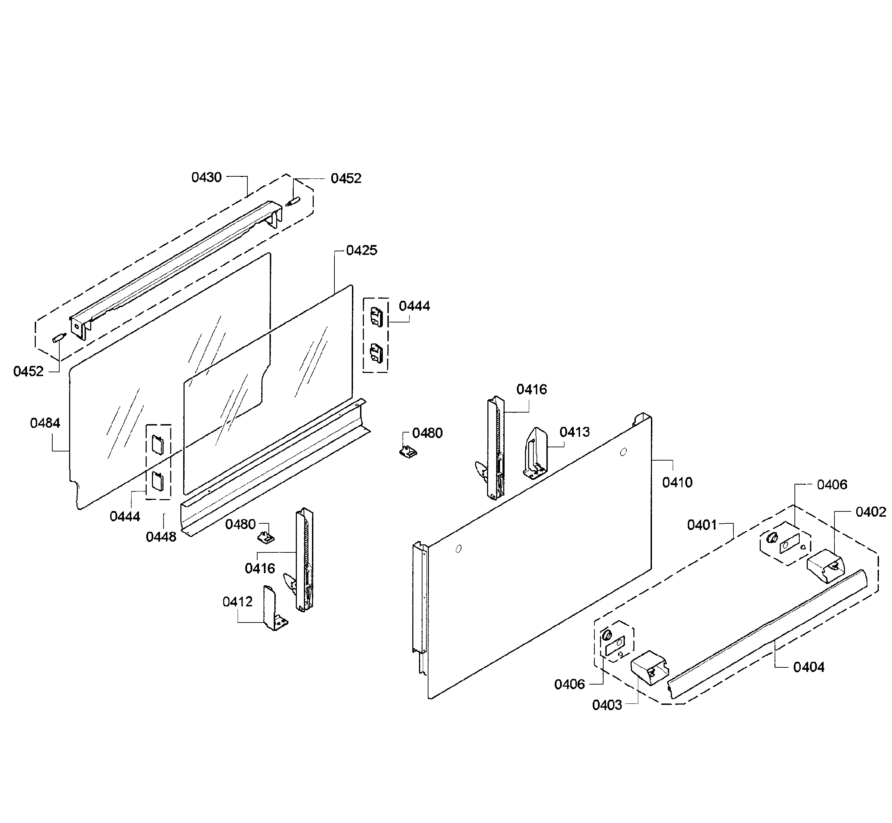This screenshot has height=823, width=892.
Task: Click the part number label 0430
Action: click(x=206, y=178)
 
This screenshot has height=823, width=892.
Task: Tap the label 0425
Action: click(x=361, y=251)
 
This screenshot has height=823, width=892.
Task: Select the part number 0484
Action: click(x=45, y=423)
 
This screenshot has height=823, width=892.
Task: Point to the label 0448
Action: click(x=161, y=537)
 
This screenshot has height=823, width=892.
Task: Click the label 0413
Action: click(x=575, y=432)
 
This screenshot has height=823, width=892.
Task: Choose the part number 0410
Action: click(x=677, y=482)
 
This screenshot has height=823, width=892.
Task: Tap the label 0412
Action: click(x=238, y=602)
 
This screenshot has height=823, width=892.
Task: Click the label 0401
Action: click(x=702, y=525)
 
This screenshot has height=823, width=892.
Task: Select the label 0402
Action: click(x=871, y=512)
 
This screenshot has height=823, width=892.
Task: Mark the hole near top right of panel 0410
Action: click(x=623, y=453)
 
